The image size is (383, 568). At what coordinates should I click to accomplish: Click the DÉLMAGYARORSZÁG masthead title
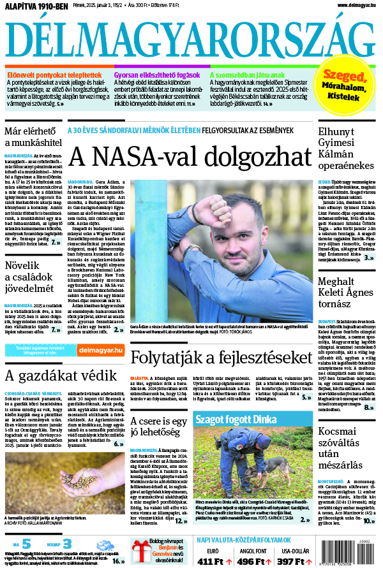191,40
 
